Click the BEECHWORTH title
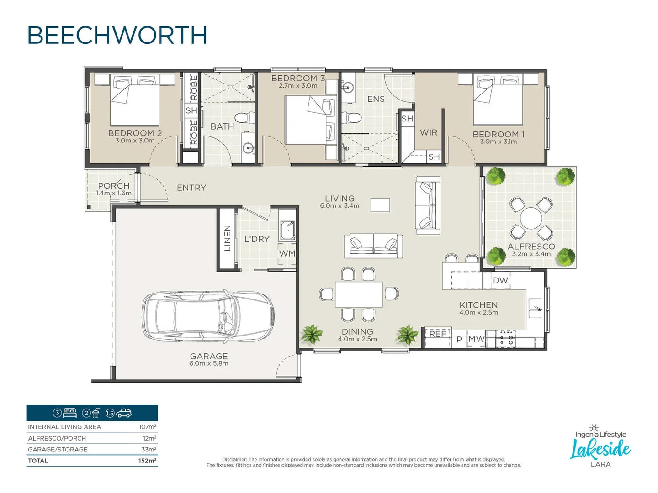coord(117,36)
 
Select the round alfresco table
coord(531,218)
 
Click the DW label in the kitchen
coord(500,280)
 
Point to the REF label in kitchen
coord(437,334)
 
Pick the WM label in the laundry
coord(287,253)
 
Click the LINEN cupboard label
coord(227,238)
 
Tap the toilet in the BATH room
coord(247,118)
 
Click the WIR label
coord(429,133)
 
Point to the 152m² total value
coord(147,461)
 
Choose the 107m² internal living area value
coord(148,427)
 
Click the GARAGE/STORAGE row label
coord(58,449)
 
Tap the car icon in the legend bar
coord(124,413)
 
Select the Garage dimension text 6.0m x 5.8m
coord(209,363)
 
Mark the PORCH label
coord(114,186)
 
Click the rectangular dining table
coord(359,294)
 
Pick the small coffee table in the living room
coord(380,205)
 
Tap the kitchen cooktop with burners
coord(506,338)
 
